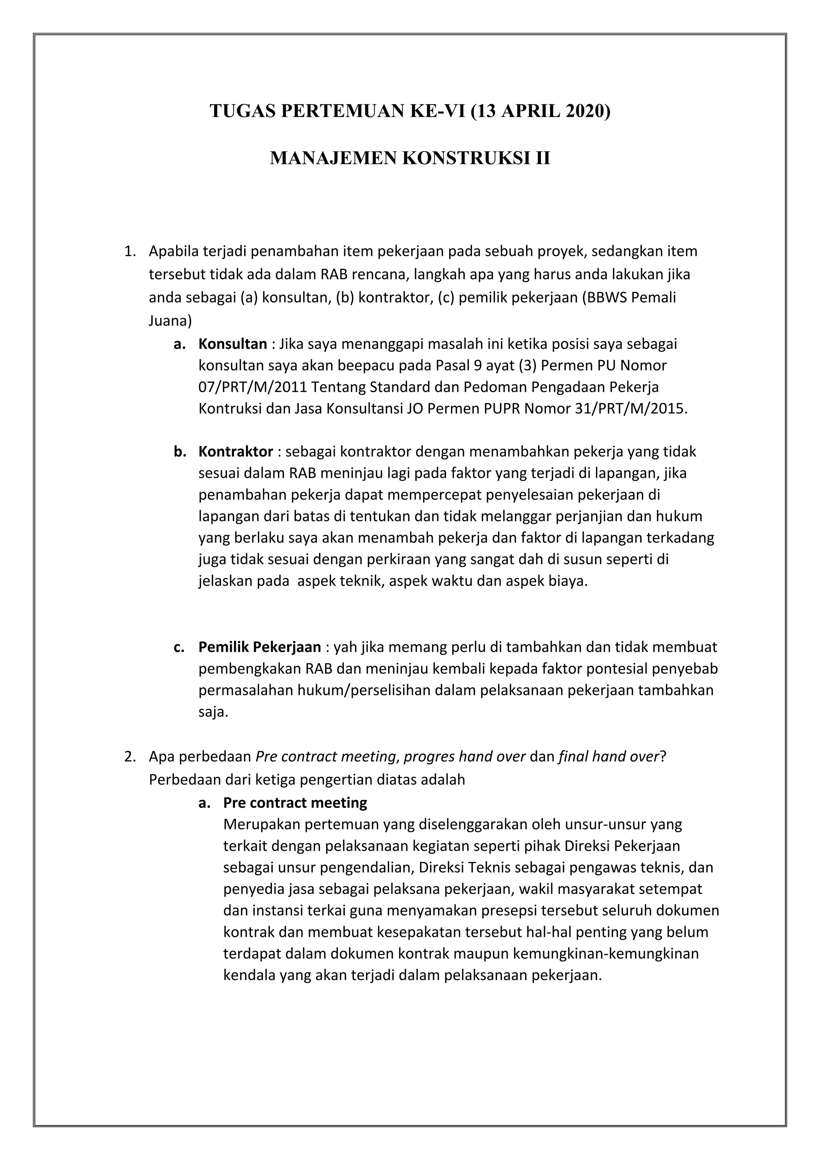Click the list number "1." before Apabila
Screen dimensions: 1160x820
[130, 251]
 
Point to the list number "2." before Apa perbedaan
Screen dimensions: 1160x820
[130, 756]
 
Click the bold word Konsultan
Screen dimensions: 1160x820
[232, 344]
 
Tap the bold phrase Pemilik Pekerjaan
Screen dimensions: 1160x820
[259, 647]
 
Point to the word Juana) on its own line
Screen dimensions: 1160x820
[170, 321]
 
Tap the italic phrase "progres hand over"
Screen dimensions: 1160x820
[465, 756]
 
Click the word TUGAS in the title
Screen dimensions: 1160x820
[243, 111]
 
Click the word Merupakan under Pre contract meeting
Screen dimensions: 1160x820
[261, 824]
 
